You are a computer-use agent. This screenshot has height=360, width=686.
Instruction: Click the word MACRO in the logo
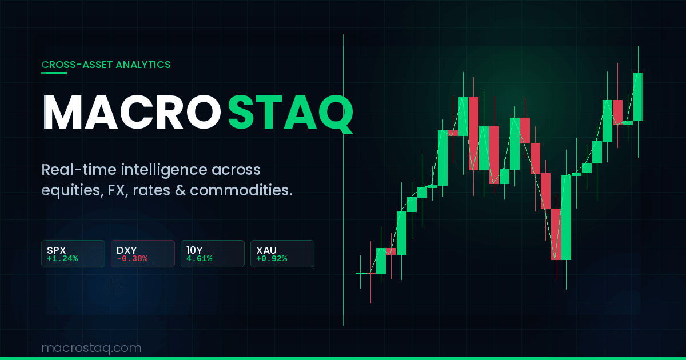click(133, 113)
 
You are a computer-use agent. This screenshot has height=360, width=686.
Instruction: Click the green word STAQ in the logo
click(290, 113)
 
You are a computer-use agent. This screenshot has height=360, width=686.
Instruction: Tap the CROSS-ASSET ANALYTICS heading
click(106, 65)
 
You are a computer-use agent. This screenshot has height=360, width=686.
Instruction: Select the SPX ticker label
click(57, 250)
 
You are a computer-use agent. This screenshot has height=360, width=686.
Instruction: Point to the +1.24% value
click(62, 258)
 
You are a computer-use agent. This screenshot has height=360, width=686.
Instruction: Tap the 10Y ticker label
click(194, 250)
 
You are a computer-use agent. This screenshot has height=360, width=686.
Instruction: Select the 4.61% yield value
click(199, 258)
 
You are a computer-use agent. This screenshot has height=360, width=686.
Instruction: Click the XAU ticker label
click(266, 250)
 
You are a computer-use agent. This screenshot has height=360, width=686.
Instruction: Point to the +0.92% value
click(272, 258)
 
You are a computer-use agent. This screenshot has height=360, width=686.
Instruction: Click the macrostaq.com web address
click(91, 347)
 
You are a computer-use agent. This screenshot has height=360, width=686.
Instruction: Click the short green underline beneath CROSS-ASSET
click(54, 73)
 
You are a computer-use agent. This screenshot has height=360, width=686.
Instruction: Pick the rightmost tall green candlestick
click(638, 97)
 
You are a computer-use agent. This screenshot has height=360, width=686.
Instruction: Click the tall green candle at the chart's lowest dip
click(566, 217)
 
